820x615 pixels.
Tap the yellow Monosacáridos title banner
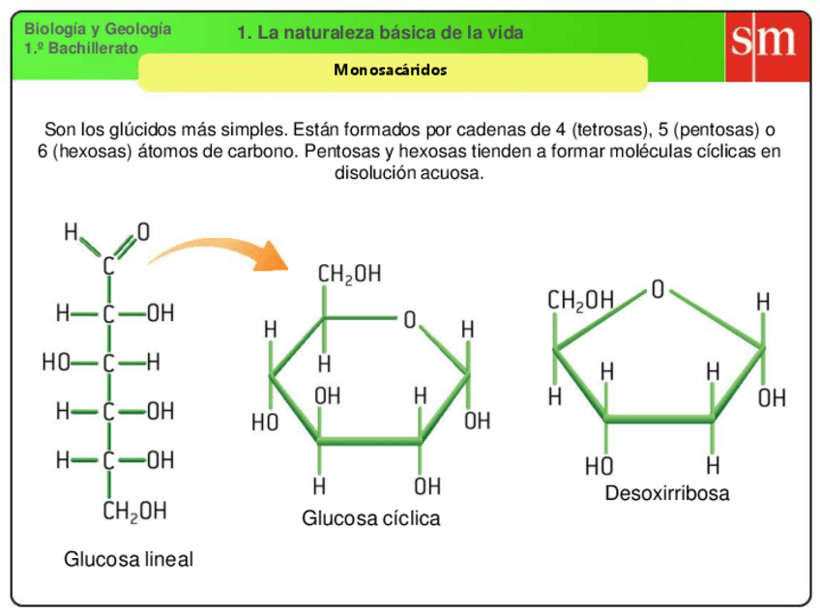tap(392, 71)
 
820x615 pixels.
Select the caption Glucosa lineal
tap(129, 559)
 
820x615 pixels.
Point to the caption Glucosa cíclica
tap(370, 518)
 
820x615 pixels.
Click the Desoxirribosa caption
tap(667, 494)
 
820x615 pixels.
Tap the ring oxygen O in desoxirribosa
tap(659, 289)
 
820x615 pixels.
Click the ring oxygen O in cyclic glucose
tap(410, 319)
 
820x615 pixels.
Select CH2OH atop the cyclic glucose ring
tap(349, 275)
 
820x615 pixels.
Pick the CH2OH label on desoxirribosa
tap(581, 301)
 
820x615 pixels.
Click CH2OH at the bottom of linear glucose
tap(134, 511)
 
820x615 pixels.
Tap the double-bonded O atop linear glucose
tap(143, 232)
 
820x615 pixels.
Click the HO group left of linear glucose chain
tap(56, 364)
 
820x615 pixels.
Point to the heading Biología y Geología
tap(97, 29)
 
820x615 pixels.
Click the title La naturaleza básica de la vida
tap(380, 33)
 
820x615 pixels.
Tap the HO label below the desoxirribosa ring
tap(599, 467)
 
